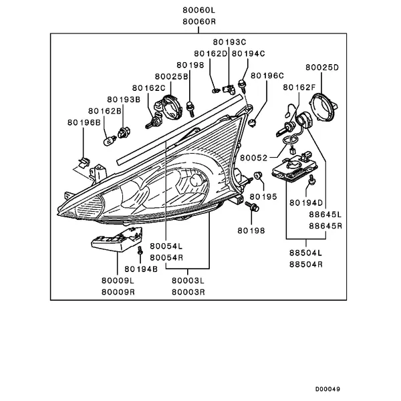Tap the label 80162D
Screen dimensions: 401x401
tap(211, 53)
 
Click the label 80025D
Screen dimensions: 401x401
tap(322, 68)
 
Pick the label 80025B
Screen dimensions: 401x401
tap(171, 78)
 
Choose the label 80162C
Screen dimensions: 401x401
tap(148, 88)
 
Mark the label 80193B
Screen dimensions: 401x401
tap(124, 99)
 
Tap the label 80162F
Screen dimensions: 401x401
tap(299, 88)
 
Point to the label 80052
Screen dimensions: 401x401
tap(254, 158)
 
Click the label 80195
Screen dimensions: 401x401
tap(263, 198)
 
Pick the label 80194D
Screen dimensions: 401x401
tap(306, 202)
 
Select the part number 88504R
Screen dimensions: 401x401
tap(306, 264)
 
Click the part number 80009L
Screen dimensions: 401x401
tap(118, 281)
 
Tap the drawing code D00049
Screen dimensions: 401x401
tap(327, 388)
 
